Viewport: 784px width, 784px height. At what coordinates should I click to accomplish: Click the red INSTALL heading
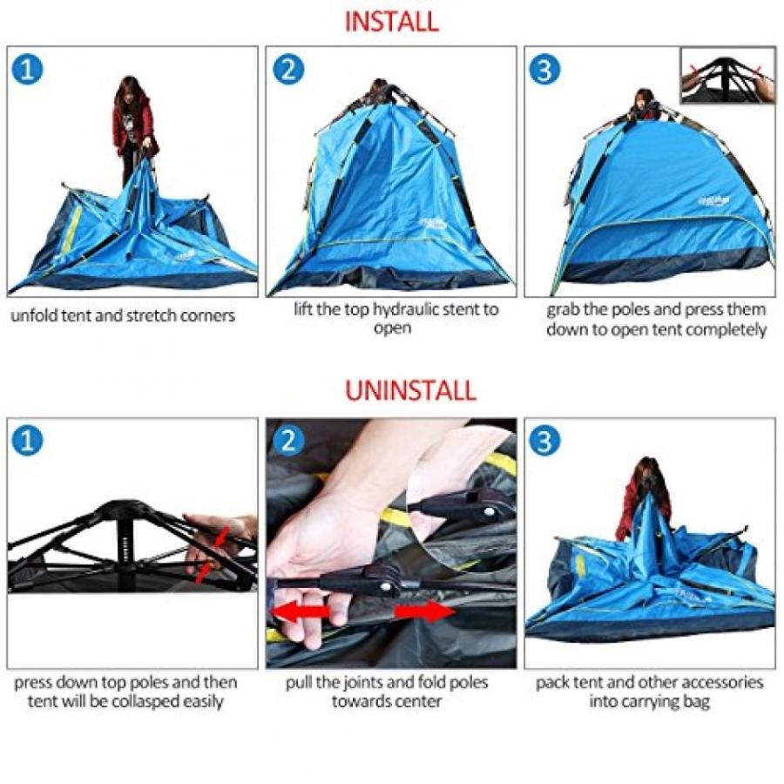pyautogui.click(x=391, y=22)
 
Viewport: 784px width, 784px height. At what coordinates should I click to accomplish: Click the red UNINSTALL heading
pyautogui.click(x=410, y=390)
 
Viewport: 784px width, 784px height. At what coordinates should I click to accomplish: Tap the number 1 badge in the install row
pyautogui.click(x=29, y=70)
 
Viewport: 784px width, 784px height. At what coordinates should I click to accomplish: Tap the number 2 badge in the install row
pyautogui.click(x=288, y=70)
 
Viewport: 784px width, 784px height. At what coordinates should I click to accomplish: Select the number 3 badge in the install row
pyautogui.click(x=545, y=70)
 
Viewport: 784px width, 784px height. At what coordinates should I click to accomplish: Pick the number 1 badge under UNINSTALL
pyautogui.click(x=29, y=442)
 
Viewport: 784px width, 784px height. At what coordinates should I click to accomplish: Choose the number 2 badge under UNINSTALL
pyautogui.click(x=288, y=442)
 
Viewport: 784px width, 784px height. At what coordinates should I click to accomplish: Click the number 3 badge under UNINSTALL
pyautogui.click(x=545, y=442)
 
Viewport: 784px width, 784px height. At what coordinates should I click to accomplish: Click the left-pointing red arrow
pyautogui.click(x=301, y=612)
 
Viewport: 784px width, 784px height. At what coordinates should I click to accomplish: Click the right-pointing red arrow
pyautogui.click(x=424, y=612)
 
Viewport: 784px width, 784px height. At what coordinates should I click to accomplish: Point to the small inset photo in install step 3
pyautogui.click(x=727, y=76)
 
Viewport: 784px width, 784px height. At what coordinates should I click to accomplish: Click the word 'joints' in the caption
pyautogui.click(x=367, y=682)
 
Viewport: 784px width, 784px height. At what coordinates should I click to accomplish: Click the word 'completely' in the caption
pyautogui.click(x=723, y=329)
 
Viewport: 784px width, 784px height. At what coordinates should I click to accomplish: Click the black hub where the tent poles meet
pyautogui.click(x=126, y=510)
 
